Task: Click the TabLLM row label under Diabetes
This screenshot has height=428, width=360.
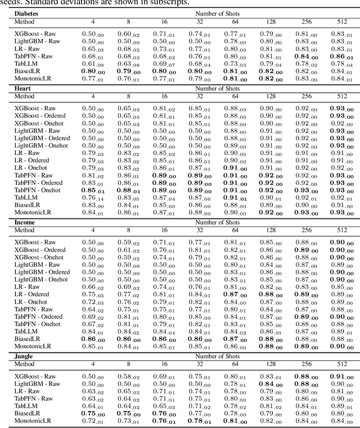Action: [26, 64]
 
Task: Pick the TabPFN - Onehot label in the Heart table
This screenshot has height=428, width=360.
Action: [38, 190]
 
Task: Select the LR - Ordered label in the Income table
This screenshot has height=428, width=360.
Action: [31, 294]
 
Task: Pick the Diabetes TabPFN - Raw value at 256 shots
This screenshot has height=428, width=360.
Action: [302, 56]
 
